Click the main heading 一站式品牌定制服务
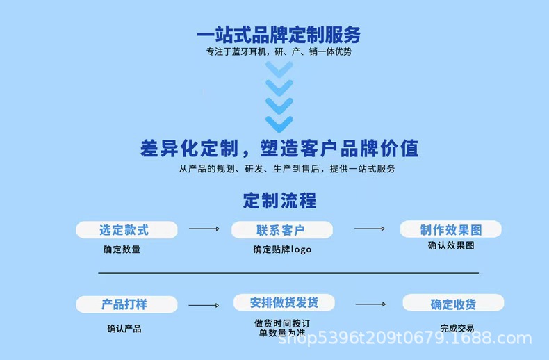pos(279,34)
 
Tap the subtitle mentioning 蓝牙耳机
pos(279,51)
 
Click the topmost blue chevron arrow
pos(279,69)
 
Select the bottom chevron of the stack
pos(279,124)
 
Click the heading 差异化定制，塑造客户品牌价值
pos(279,148)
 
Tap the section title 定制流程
pos(279,201)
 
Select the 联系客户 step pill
pos(281,230)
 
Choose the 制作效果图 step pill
pos(450,229)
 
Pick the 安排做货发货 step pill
pos(284,302)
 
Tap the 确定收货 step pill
pos(453,303)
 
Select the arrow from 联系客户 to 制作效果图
pos(369,229)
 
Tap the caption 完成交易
pos(457,328)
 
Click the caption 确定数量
pos(122,249)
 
